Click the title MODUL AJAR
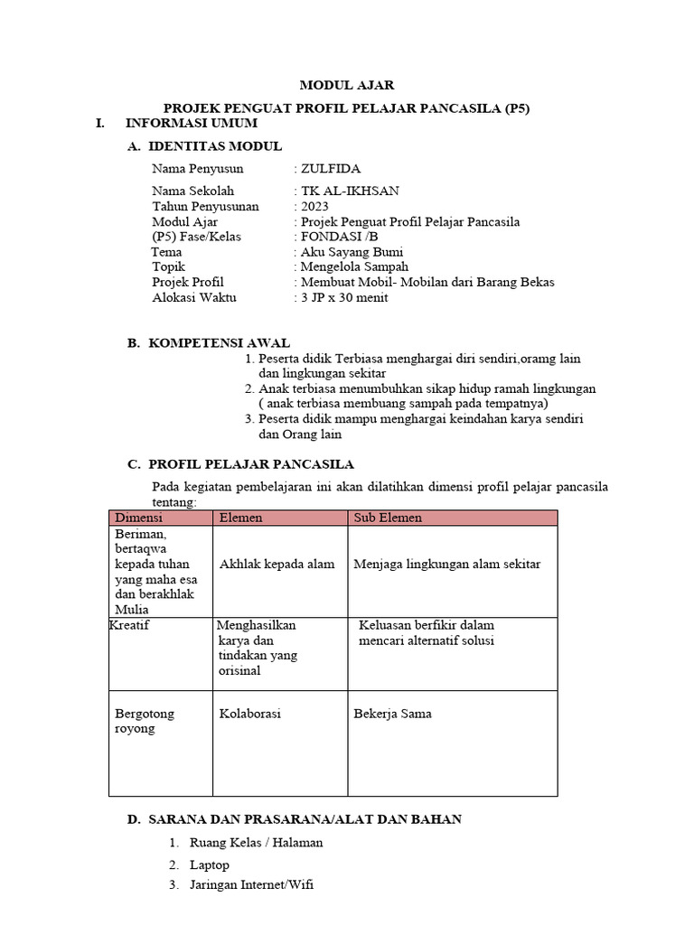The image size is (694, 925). point(346,85)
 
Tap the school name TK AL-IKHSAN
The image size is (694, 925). point(350,191)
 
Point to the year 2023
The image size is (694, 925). point(315,206)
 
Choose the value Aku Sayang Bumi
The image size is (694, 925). point(352,252)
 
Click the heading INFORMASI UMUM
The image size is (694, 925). point(192,123)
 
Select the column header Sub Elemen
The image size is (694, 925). point(388,518)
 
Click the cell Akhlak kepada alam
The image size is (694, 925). point(277,564)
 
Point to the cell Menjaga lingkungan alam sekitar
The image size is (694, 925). point(447,564)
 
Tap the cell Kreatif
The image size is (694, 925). point(129,625)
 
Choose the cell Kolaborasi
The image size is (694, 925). point(249,714)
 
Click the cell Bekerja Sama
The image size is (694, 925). point(392,714)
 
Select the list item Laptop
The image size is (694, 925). point(210,864)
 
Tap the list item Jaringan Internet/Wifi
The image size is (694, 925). point(251,885)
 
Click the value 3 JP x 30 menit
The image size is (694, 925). point(344,297)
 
